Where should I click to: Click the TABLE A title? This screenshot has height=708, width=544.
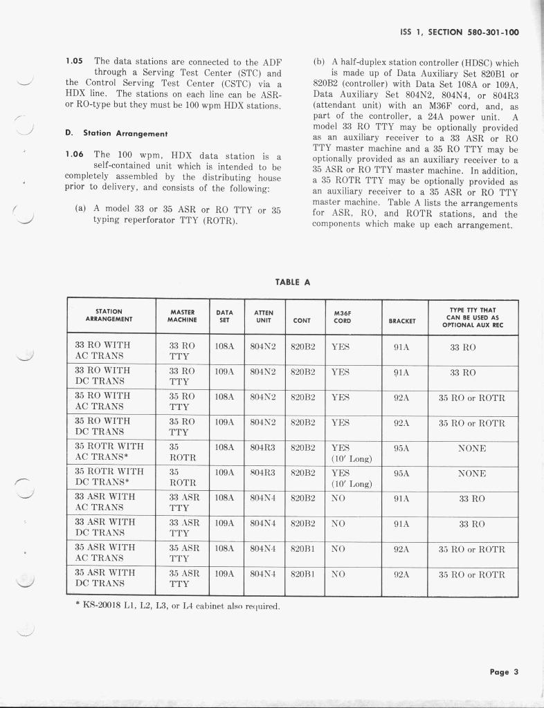point(293,282)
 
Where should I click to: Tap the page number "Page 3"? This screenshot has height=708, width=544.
point(504,671)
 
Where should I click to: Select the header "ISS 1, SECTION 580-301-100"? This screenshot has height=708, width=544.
point(460,32)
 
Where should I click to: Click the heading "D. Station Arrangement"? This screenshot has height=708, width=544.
point(116,133)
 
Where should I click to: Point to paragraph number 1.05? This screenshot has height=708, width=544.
point(75,61)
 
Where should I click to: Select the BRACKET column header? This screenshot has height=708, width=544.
point(402,320)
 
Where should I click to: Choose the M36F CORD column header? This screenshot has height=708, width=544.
point(342,316)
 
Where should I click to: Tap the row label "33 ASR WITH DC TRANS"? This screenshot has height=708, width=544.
point(105,527)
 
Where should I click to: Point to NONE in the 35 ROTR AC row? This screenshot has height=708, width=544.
point(472,448)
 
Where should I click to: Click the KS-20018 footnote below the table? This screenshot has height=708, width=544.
point(177,606)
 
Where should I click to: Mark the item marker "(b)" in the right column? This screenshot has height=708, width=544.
point(319,62)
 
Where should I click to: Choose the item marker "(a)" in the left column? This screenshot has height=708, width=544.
point(80,208)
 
